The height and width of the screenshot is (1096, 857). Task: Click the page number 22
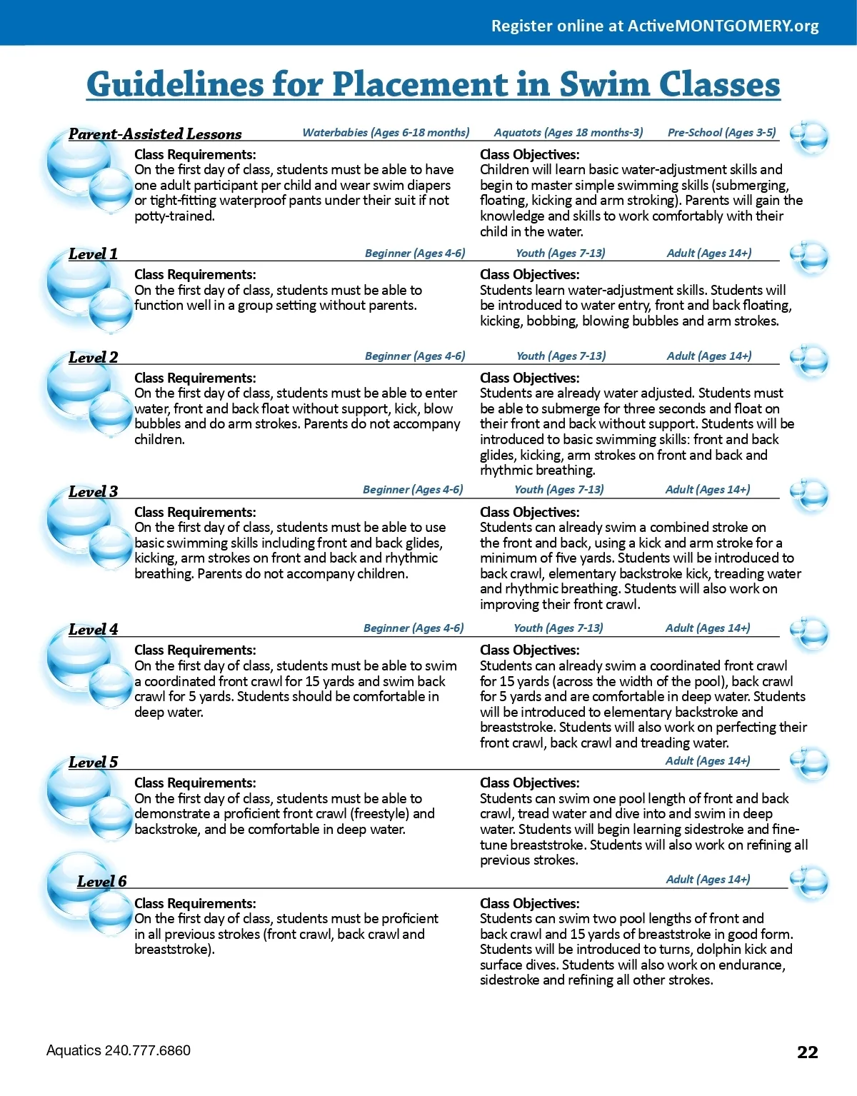coord(808,1052)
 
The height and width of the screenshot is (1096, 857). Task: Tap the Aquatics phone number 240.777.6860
coord(148,1050)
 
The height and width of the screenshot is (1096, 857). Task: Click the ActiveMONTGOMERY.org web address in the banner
coord(723,26)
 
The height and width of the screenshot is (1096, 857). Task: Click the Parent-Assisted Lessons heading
coord(155,134)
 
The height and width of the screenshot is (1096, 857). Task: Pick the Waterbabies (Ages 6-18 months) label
coord(386,132)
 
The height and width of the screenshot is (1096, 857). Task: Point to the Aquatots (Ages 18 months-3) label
coord(568,132)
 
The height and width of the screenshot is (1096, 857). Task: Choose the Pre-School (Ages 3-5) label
coord(721,132)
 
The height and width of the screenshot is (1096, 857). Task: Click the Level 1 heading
coord(93,253)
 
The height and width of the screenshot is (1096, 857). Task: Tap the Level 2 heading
coord(93,357)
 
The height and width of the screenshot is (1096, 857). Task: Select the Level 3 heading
coord(93,491)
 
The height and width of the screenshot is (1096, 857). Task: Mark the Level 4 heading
coord(93,629)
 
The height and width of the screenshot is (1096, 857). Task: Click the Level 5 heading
coord(93,762)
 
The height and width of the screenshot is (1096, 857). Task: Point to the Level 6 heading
coord(101,881)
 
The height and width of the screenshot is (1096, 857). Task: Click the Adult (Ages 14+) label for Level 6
coord(708,879)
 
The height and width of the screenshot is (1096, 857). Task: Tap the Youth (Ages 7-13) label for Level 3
coord(558,489)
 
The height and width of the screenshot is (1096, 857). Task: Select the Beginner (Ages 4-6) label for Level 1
coord(415,253)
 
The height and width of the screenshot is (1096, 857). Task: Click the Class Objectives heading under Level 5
coord(529,783)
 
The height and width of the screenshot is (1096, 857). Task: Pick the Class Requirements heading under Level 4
coord(195,650)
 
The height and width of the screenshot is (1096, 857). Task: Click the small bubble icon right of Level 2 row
coord(809,361)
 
